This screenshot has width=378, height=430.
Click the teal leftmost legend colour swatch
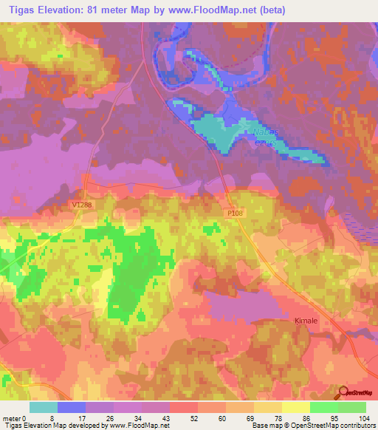tap(44, 407)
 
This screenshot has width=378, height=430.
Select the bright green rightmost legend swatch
tap(352, 407)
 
